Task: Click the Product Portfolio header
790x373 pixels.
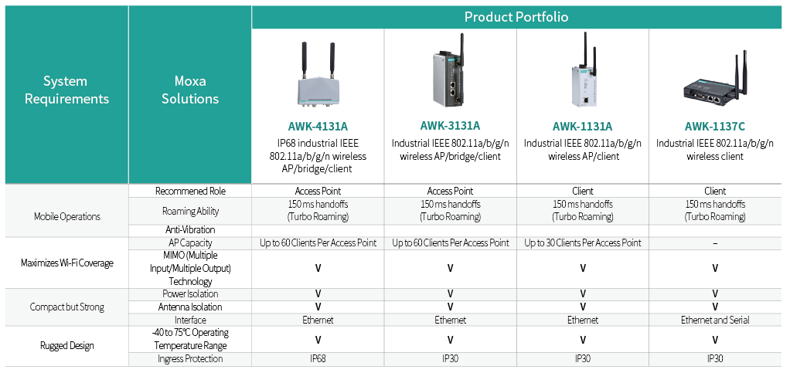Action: [516, 17]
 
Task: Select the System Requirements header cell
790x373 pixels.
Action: [66, 90]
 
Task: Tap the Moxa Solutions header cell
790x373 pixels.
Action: [190, 90]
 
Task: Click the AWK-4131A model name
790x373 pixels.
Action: [318, 127]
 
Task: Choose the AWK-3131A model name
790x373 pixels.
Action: [450, 125]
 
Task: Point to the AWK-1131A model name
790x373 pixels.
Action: [582, 127]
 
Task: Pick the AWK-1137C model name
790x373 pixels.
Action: [714, 127]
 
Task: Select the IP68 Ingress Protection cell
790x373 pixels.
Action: [318, 359]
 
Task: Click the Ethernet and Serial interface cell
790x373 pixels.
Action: [715, 320]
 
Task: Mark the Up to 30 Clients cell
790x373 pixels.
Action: [582, 243]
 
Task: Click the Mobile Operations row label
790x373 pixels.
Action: [67, 217]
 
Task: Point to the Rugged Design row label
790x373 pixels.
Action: [67, 346]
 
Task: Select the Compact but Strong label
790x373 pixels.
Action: [67, 307]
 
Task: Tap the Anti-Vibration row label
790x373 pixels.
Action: [190, 230]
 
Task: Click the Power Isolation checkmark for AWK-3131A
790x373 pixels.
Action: [450, 294]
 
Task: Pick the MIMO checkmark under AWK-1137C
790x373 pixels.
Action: [715, 268]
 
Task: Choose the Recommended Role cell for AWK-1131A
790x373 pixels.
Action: [582, 192]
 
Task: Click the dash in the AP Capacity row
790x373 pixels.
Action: [715, 243]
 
